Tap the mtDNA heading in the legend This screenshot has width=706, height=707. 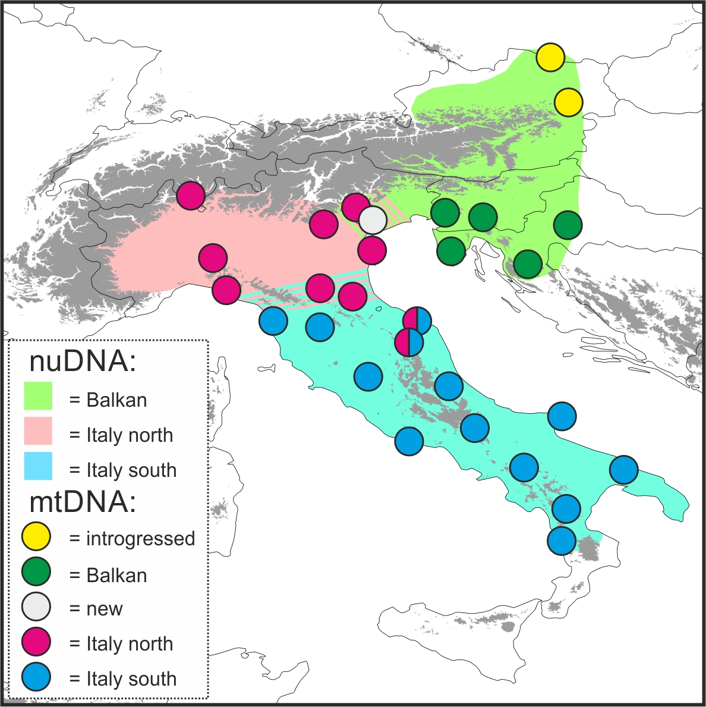point(82,503)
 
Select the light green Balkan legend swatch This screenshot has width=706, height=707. point(38,396)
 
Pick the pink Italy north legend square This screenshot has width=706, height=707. point(38,431)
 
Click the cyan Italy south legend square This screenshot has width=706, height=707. point(38,466)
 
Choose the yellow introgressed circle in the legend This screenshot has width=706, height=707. point(36,536)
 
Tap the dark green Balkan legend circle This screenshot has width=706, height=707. point(36,573)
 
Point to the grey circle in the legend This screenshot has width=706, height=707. point(36,607)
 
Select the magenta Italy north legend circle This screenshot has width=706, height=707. point(36,642)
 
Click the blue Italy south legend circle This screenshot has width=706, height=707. point(36,677)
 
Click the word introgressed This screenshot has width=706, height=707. point(140,539)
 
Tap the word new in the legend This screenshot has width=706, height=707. point(104,609)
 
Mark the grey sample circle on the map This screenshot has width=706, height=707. point(373,220)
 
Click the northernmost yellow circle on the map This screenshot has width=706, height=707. point(550,57)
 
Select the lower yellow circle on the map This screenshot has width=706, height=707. point(569,102)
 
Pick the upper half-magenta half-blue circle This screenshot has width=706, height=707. point(417,321)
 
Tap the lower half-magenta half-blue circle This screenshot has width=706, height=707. point(409,342)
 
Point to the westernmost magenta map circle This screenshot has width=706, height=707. point(191,195)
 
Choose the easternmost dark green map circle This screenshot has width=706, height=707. point(568,225)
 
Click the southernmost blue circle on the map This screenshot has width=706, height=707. point(561,541)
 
